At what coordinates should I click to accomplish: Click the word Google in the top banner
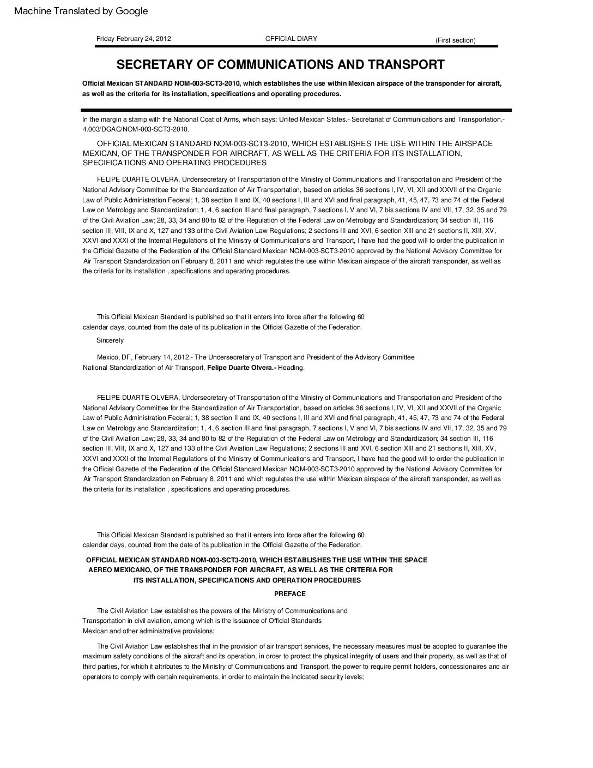131,11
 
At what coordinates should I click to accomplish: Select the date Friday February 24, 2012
134,39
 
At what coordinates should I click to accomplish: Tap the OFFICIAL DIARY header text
291,39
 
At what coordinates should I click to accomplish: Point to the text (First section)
455,40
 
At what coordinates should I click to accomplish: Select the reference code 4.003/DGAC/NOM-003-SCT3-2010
136,129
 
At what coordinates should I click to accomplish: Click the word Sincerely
110,340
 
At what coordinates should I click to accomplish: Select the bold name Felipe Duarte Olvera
241,368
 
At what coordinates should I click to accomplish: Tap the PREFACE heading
289,594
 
